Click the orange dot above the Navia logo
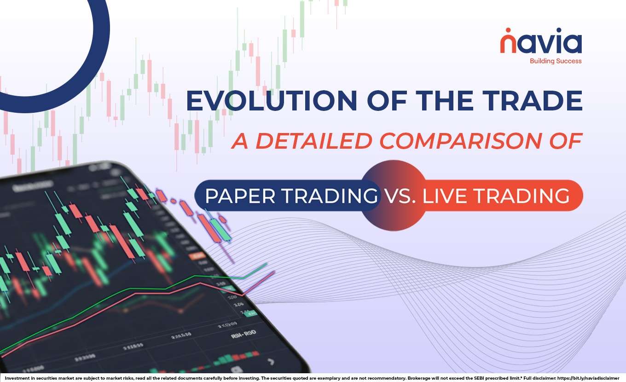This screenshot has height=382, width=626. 507,31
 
